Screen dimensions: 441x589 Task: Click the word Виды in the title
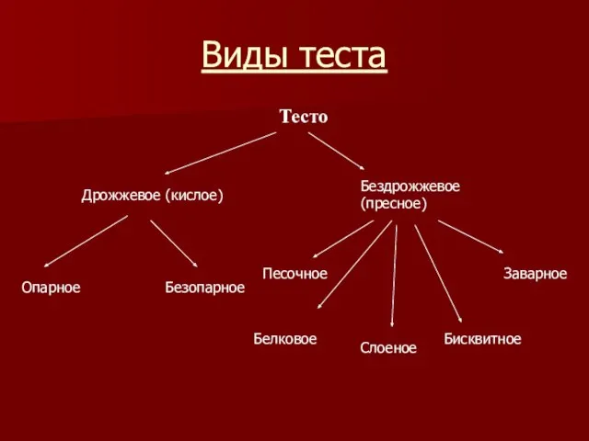click(242, 56)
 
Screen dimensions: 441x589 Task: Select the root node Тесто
click(303, 117)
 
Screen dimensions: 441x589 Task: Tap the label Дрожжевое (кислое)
click(153, 196)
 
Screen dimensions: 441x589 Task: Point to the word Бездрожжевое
click(410, 187)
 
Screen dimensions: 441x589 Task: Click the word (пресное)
click(393, 204)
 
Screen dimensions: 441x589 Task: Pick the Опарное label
click(51, 288)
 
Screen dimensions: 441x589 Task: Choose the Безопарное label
click(204, 288)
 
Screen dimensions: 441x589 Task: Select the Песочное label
click(294, 273)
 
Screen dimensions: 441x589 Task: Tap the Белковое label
click(284, 339)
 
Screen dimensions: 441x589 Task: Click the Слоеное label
click(387, 348)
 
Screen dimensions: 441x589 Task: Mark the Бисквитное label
click(482, 339)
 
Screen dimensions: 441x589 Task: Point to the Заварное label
click(535, 273)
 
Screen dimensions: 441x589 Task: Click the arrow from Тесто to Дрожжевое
click(220, 153)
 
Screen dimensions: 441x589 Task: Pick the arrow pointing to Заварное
click(469, 235)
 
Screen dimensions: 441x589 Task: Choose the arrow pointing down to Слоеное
click(394, 276)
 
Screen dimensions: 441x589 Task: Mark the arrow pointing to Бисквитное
click(438, 274)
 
